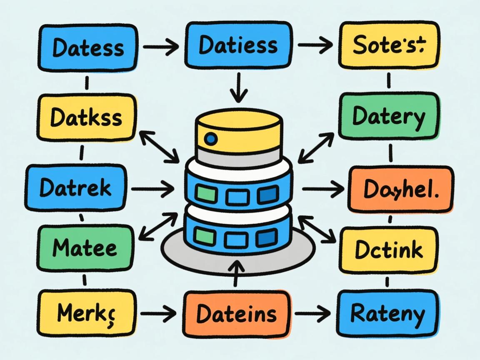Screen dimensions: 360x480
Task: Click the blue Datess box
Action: [x=88, y=47]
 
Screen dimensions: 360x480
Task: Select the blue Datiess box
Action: [x=238, y=45]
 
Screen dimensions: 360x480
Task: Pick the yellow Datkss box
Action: [x=87, y=117]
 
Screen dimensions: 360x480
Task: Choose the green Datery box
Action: [x=388, y=116]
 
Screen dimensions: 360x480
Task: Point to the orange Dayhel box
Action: [x=401, y=190]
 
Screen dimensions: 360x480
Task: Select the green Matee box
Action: [x=85, y=249]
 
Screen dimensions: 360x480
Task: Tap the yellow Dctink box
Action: [x=389, y=250]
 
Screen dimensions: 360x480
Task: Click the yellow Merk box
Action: [x=87, y=313]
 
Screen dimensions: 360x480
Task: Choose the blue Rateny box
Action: [x=388, y=313]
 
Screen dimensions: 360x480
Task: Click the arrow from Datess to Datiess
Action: [x=160, y=48]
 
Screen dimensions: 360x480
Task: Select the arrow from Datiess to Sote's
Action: [x=315, y=45]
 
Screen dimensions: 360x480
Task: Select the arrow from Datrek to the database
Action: [x=152, y=189]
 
